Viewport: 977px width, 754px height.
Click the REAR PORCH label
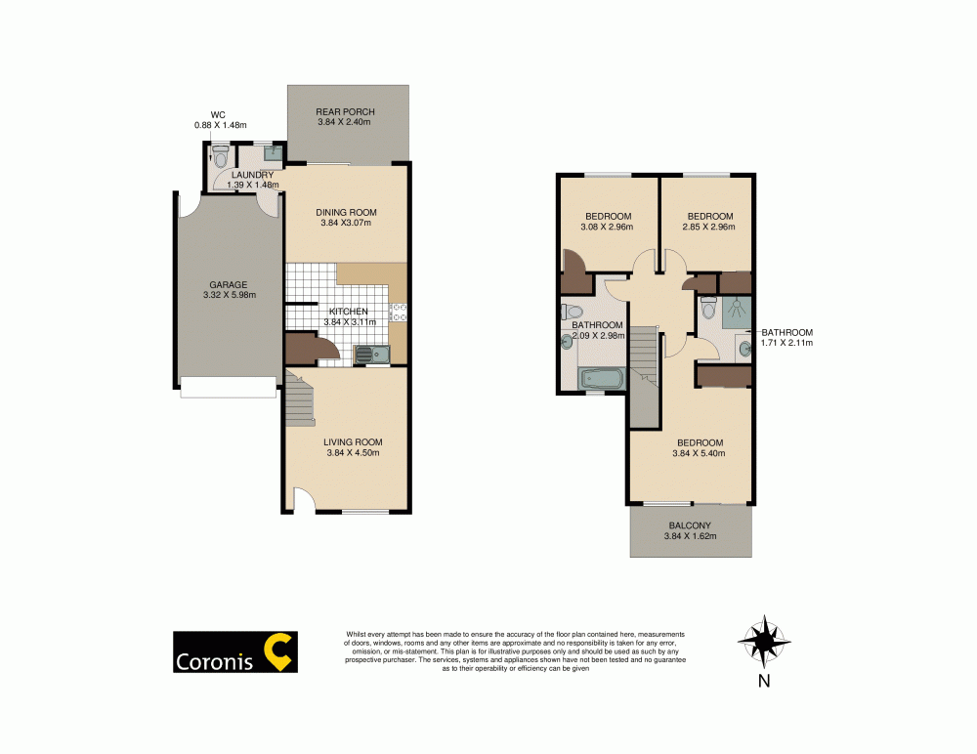click(346, 111)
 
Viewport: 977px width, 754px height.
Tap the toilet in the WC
click(220, 155)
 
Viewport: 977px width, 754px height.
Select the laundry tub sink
click(274, 153)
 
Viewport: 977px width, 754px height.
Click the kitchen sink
click(371, 354)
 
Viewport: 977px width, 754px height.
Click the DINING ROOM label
click(346, 212)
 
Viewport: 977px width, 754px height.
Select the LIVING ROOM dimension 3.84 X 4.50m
click(352, 452)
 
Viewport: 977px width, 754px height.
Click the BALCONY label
click(690, 524)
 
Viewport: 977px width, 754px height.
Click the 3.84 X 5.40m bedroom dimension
click(699, 452)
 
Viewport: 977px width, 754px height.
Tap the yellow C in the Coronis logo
click(279, 652)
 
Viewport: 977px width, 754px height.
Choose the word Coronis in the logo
click(213, 661)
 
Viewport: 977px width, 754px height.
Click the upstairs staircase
click(642, 376)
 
